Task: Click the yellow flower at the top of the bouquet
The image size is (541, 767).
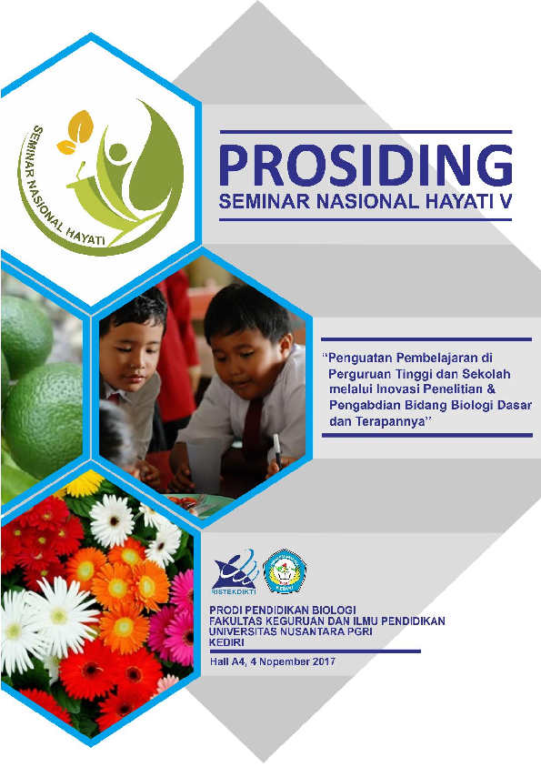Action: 84,483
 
